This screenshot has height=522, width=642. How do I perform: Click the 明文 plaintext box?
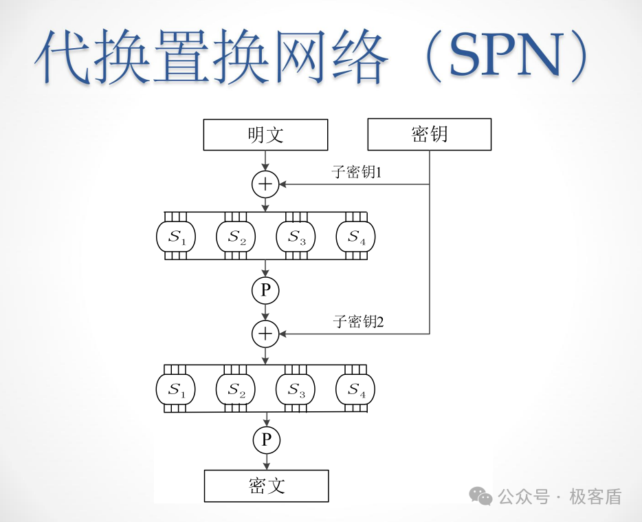tap(265, 135)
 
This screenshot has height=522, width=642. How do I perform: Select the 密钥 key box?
tap(430, 134)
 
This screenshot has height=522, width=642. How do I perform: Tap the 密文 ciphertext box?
tap(266, 486)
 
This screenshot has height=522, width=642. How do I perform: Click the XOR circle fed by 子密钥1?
tap(265, 184)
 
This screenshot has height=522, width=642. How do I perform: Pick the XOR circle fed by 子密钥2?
tap(265, 334)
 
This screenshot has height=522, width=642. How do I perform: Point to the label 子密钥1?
tap(357, 172)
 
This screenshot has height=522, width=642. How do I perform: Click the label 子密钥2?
tap(358, 321)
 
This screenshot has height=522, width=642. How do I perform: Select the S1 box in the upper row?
tap(176, 237)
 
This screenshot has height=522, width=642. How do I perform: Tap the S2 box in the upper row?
tap(236, 237)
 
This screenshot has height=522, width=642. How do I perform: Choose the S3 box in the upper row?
tap(296, 237)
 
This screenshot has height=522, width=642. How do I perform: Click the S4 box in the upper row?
tap(355, 237)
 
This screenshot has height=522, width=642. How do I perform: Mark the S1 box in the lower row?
tap(176, 389)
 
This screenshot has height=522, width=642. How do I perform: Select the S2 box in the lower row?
tap(236, 389)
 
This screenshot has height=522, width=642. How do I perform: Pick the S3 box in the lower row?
tap(296, 389)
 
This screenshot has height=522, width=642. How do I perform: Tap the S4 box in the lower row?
tap(355, 389)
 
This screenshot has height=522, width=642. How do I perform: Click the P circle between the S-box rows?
tap(265, 291)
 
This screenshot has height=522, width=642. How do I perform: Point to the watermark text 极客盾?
tap(595, 497)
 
